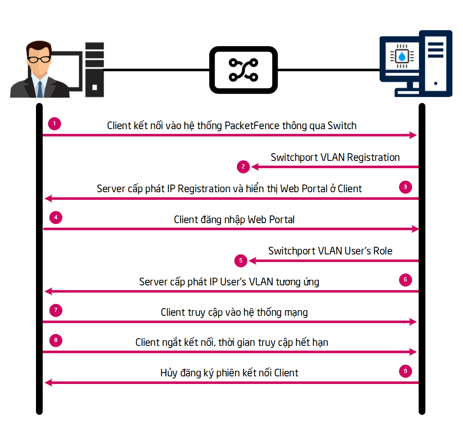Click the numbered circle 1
tap(55, 124)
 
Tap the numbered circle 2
tap(243, 167)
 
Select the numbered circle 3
tap(405, 187)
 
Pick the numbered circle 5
tap(241, 261)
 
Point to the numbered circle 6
tap(405, 280)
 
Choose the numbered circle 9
tap(405, 371)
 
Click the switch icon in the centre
tap(243, 70)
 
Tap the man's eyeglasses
tap(39, 59)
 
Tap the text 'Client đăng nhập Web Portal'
tap(234, 219)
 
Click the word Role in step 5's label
tap(383, 251)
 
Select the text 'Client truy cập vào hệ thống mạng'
tap(234, 312)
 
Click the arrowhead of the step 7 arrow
tap(414, 322)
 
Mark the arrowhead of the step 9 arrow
tap(48, 383)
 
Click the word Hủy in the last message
tap(168, 373)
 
